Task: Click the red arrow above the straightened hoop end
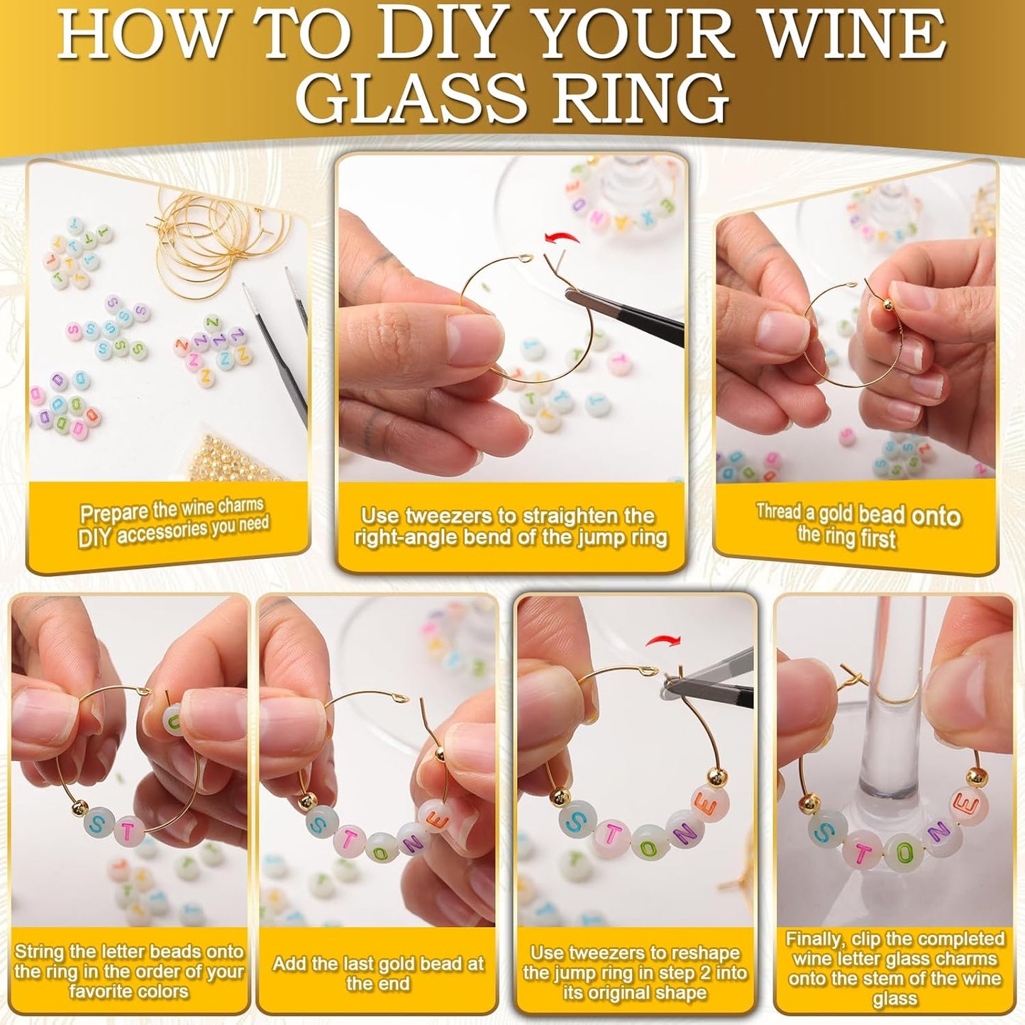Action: click(x=561, y=239)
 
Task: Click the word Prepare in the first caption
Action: click(x=113, y=513)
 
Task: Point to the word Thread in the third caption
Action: click(x=777, y=511)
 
